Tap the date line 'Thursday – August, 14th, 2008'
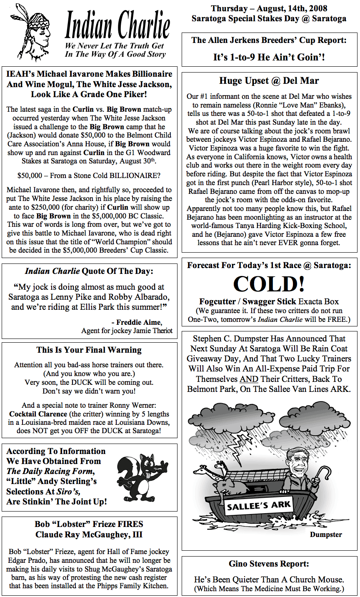pos(269,8)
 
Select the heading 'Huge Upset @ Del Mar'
pos(269,81)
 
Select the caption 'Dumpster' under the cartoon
pos(326,534)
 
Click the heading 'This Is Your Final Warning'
pos(89,350)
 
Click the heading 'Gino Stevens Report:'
pos(269,564)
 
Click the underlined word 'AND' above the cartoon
pos(249,379)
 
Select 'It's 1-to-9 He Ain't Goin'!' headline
pos(269,57)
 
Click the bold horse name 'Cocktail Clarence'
pos(38,414)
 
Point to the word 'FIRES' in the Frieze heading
pos(129,524)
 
